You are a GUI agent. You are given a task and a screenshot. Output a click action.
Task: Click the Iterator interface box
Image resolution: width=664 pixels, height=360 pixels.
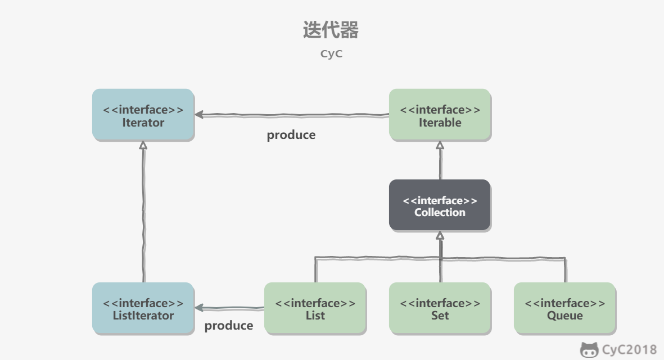click(x=143, y=115)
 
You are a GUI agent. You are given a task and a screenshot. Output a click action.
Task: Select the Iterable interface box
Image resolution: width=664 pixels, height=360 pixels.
click(x=440, y=115)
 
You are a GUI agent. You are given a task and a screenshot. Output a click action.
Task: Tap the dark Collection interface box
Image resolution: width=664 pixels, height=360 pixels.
click(x=440, y=206)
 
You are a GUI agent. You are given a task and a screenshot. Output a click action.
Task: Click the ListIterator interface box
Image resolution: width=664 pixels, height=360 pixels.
click(x=143, y=309)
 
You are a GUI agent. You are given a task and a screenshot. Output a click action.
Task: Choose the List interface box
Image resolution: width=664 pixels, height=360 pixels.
click(x=315, y=309)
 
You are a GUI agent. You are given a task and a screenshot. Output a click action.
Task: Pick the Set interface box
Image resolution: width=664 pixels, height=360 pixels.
click(x=440, y=309)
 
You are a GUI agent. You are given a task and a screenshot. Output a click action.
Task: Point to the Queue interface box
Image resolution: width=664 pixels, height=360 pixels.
click(x=564, y=309)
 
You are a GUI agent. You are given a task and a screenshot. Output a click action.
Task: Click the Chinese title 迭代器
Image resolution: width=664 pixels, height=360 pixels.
click(x=331, y=30)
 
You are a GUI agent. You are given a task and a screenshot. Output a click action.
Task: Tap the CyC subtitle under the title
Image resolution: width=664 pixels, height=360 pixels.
click(x=331, y=54)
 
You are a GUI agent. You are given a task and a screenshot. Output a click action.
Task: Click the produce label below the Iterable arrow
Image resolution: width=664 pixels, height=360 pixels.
click(x=291, y=135)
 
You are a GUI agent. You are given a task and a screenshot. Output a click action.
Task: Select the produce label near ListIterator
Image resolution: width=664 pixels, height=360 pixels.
click(x=228, y=326)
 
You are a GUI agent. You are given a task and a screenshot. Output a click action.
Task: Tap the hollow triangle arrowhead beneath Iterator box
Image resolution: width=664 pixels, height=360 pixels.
click(x=143, y=145)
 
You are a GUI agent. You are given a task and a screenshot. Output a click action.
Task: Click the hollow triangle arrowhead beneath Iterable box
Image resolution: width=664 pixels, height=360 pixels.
click(x=440, y=145)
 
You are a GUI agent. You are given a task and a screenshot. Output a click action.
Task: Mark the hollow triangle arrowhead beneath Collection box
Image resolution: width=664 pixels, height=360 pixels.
click(x=440, y=236)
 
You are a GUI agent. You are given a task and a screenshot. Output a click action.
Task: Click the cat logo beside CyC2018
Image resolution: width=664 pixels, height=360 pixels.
click(x=589, y=350)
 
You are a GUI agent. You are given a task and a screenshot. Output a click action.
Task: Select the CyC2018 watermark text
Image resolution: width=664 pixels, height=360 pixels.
click(x=629, y=350)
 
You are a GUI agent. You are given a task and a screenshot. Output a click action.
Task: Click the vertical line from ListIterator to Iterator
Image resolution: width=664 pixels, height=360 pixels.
click(x=143, y=214)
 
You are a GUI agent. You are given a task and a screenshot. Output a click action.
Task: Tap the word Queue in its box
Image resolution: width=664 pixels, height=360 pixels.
click(x=564, y=316)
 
